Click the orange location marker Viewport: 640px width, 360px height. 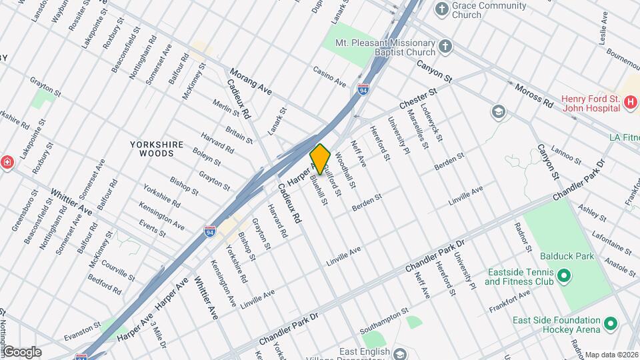[321, 159]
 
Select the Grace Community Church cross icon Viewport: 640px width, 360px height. [442, 9]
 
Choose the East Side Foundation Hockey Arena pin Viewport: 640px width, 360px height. [610, 326]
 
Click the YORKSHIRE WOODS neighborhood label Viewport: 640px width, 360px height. [152, 148]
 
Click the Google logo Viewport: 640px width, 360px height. [22, 352]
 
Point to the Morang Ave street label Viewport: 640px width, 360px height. [251, 80]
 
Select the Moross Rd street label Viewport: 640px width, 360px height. [534, 95]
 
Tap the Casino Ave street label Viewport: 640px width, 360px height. [330, 77]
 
